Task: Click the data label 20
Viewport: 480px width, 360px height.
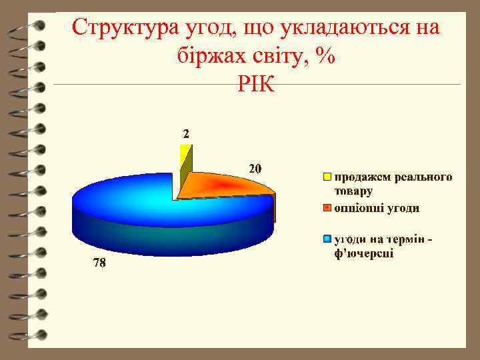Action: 255,169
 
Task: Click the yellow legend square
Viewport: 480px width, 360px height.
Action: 327,177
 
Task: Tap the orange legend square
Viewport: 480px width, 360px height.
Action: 327,208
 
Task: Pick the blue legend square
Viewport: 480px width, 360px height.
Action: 327,239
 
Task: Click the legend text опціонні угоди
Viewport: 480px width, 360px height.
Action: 377,208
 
